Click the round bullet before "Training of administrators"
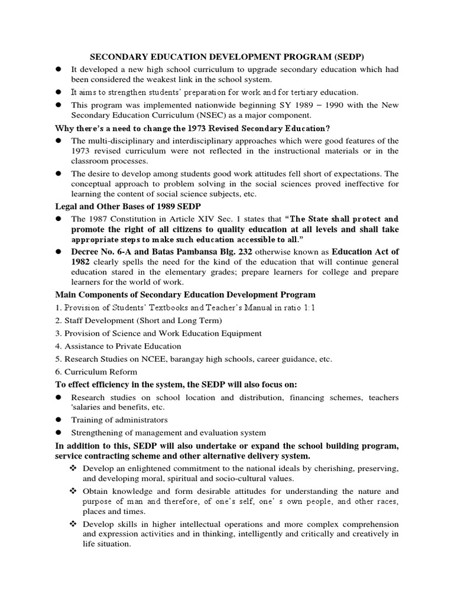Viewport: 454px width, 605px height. tap(59, 420)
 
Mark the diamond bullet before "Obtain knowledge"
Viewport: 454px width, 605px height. tap(74, 492)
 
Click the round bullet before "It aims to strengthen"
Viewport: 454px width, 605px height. tap(59, 92)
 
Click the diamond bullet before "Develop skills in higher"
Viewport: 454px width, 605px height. tap(74, 525)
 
